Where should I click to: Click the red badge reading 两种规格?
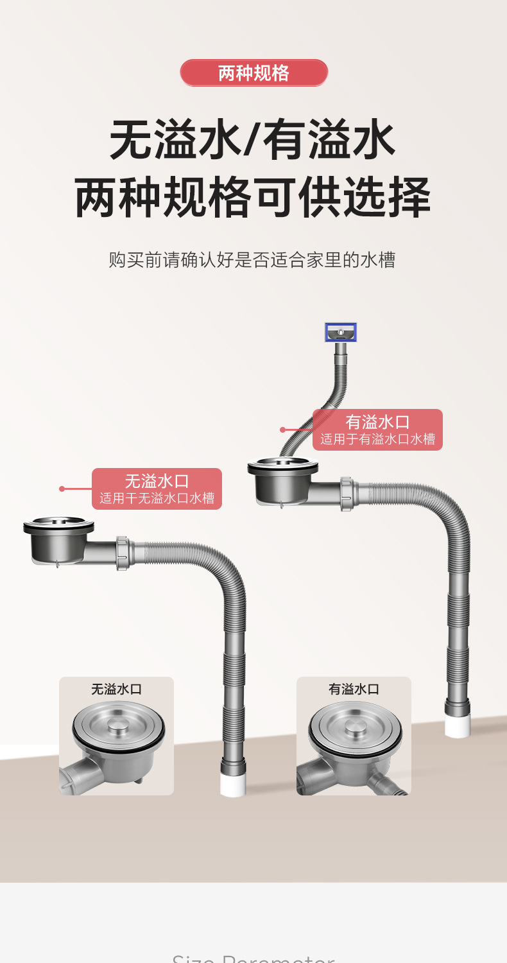tap(253, 73)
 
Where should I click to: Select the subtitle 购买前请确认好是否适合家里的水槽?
tap(252, 260)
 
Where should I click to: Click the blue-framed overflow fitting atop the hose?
tap(341, 333)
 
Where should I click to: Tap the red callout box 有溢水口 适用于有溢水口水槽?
tap(377, 429)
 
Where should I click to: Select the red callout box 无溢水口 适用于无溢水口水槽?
tap(157, 489)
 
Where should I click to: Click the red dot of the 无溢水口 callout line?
tap(62, 489)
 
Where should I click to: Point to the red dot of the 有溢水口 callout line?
tap(282, 429)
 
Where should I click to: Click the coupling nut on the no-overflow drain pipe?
tap(123, 553)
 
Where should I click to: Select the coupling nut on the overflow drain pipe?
tap(347, 493)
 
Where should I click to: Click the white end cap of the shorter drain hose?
tap(233, 784)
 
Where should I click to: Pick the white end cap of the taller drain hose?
tap(458, 725)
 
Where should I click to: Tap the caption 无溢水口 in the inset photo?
tap(116, 689)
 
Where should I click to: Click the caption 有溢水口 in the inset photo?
tap(354, 689)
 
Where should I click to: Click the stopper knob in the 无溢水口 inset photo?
tap(118, 725)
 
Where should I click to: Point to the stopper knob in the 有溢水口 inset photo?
tap(355, 725)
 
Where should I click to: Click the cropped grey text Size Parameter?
tap(253, 958)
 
